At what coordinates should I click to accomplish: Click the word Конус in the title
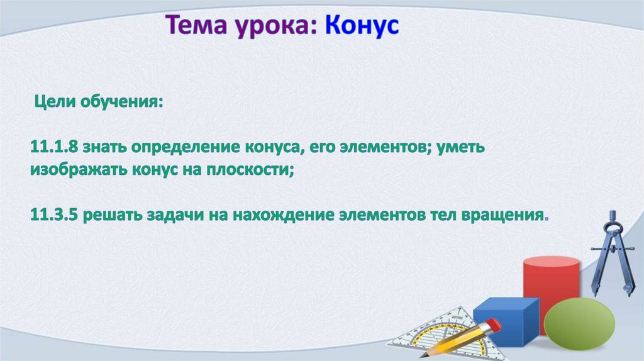point(362,25)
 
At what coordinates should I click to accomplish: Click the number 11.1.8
point(54,147)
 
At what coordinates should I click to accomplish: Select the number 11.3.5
point(54,215)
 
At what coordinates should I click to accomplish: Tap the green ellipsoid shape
point(579,324)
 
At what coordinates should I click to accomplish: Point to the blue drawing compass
point(612,253)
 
